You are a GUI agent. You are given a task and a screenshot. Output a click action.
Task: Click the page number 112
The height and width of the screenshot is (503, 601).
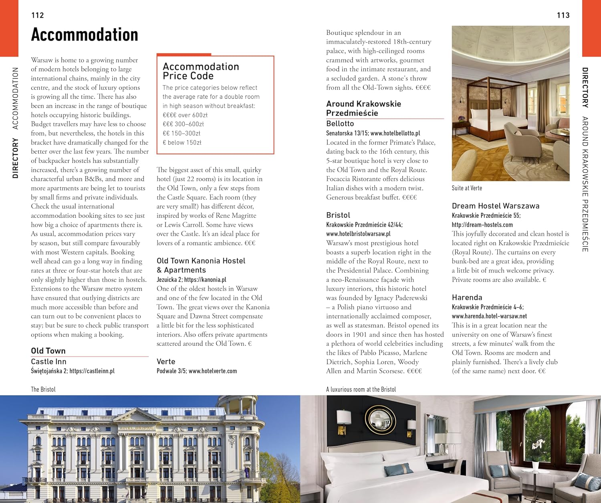[x=38, y=15]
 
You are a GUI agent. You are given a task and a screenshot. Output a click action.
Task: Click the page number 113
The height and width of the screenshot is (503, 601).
[x=563, y=15]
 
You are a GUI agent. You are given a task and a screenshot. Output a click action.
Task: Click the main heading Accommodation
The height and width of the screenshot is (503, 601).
[x=85, y=34]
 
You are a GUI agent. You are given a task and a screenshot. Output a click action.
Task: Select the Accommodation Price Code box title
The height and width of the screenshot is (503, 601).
[x=201, y=71]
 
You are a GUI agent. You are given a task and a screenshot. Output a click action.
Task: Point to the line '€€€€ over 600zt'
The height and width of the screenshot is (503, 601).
[x=185, y=115]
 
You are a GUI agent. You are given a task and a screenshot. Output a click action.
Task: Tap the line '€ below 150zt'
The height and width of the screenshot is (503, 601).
[x=182, y=142]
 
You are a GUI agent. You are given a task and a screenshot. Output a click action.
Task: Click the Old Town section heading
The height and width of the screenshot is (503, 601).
[x=48, y=351]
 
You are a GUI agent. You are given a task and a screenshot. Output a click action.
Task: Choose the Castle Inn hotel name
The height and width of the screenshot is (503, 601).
[x=48, y=361]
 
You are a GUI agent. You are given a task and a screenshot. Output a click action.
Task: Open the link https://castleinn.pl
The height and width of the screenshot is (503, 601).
[x=92, y=371]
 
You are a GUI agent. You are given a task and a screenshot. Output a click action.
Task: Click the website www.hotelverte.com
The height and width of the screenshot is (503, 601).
[x=213, y=371]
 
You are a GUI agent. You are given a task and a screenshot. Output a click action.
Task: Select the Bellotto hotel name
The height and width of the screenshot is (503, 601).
[x=340, y=124]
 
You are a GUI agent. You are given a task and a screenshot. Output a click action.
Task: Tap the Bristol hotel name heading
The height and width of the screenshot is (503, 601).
[x=338, y=215]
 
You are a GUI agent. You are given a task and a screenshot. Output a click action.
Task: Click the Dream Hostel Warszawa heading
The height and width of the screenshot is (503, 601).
[x=496, y=206]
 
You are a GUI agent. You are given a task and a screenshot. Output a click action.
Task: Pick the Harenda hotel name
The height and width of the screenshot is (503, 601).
[x=467, y=297]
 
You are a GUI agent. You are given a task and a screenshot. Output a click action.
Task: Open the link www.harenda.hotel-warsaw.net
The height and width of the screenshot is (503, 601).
[x=489, y=316]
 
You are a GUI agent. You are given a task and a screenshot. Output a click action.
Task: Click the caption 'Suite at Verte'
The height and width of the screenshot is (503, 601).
[x=467, y=188]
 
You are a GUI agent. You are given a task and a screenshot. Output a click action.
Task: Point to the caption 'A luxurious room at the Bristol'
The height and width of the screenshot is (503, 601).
[x=361, y=389]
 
